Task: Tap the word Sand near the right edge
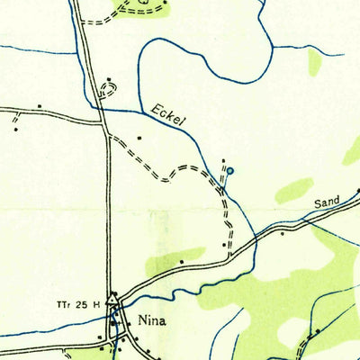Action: coord(328,204)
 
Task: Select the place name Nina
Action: coord(153,318)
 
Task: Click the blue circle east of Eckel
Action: coord(229,170)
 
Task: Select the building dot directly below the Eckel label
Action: coord(139,138)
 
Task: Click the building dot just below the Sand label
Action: coord(283,233)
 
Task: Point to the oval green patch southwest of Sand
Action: coord(294,191)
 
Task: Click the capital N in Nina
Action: coord(142,318)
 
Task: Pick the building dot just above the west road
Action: coord(40,106)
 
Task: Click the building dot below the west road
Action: coord(15,129)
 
